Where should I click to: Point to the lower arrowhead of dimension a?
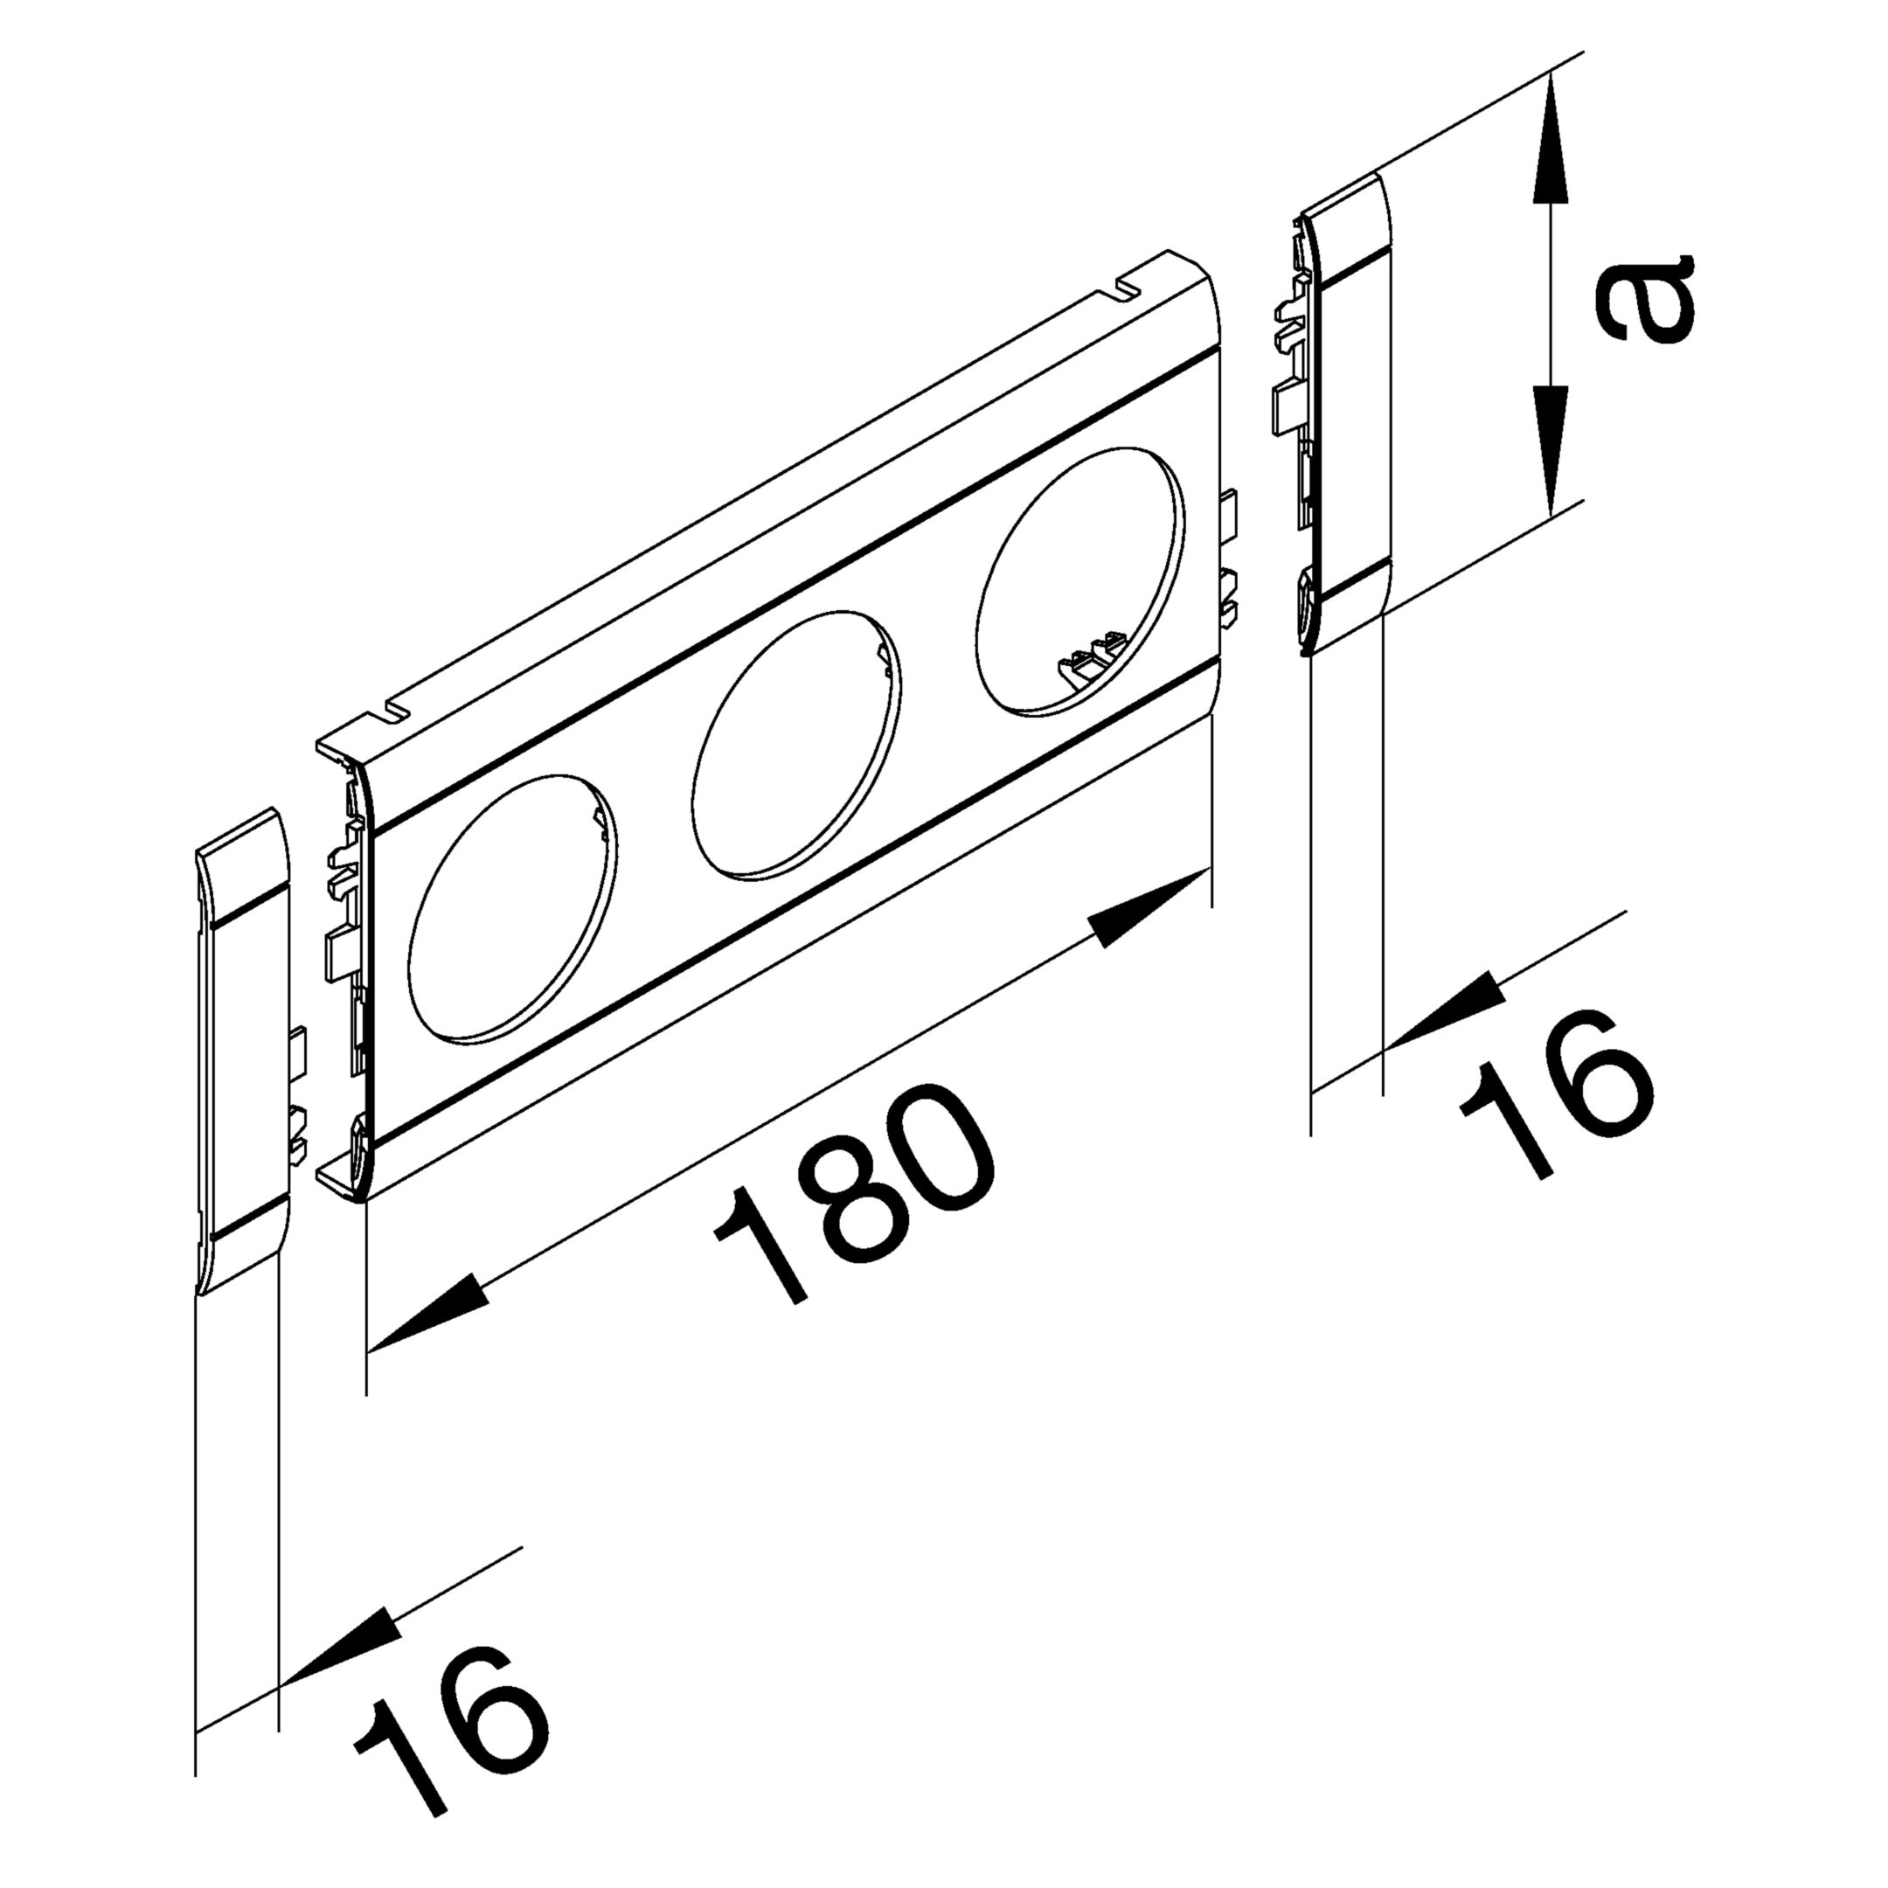[1551, 449]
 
